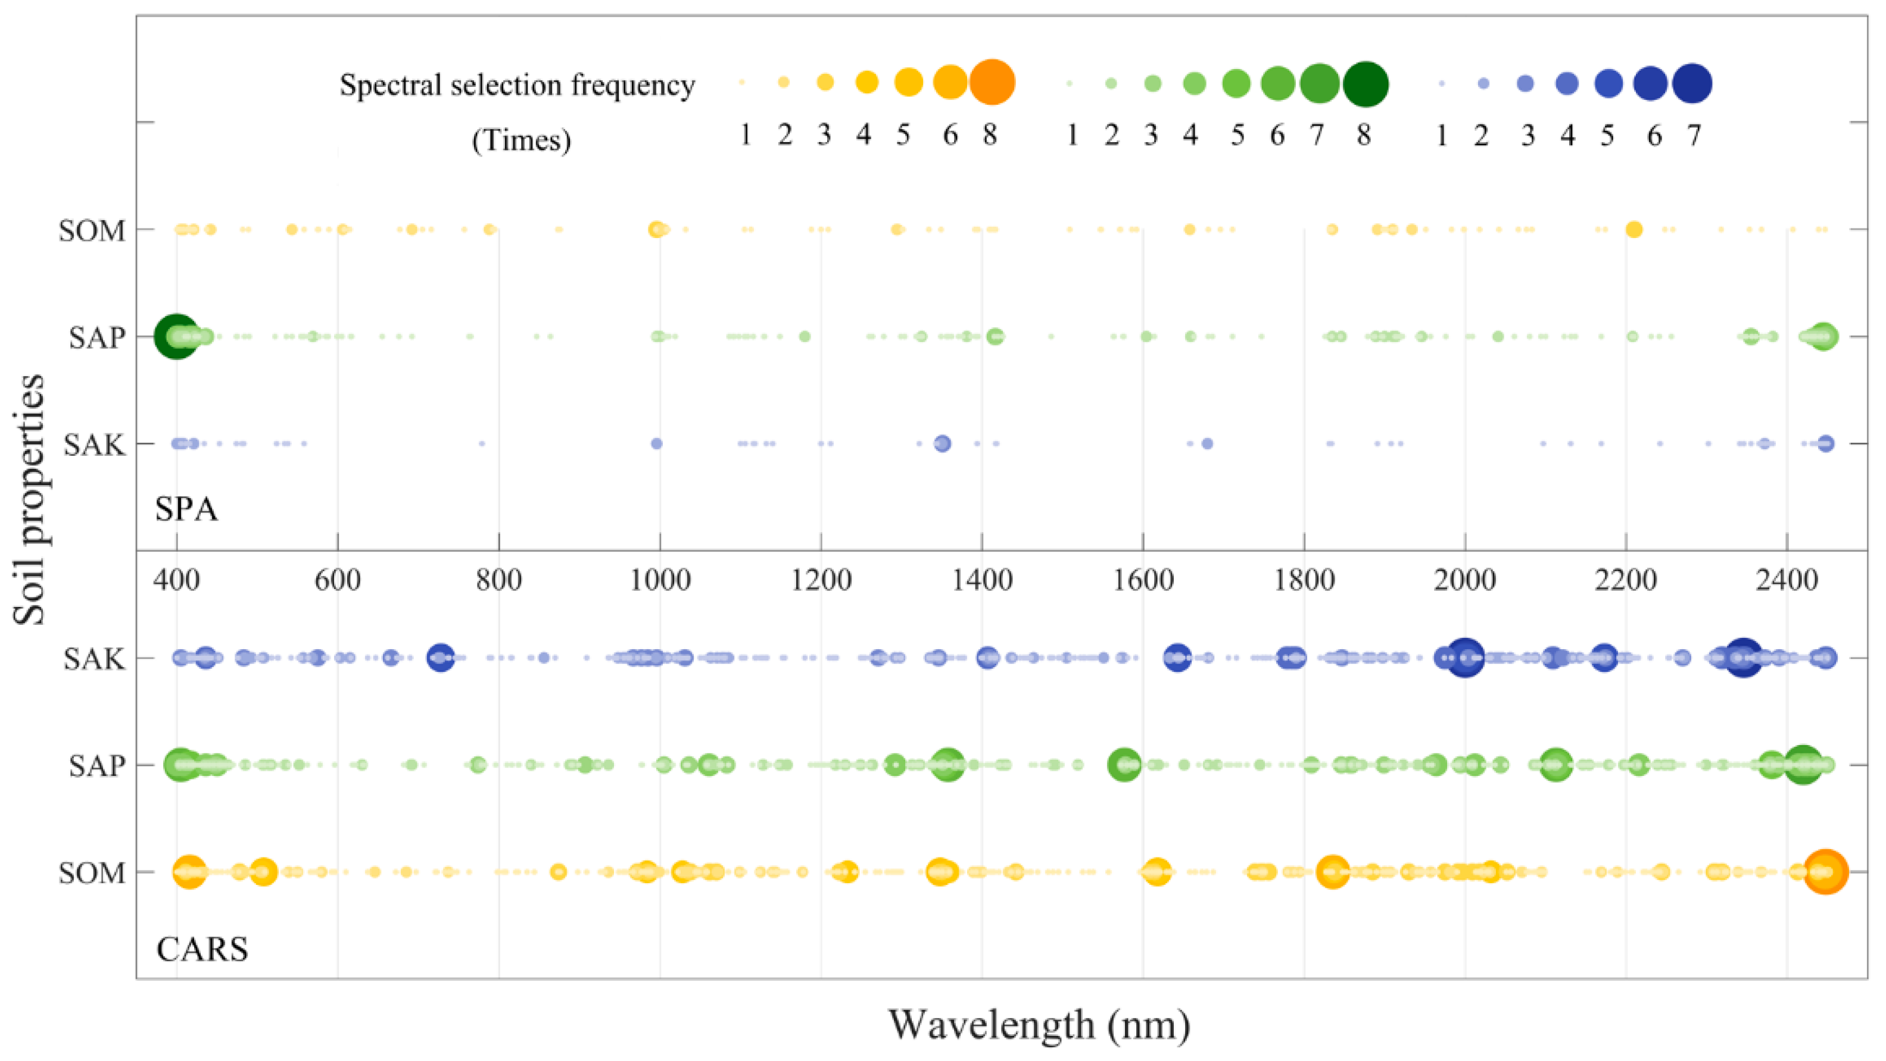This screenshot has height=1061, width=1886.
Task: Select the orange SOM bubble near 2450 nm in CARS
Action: click(1826, 872)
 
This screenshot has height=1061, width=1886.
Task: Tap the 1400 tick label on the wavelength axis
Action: click(982, 581)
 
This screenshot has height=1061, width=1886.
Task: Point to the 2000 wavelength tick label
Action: click(1465, 581)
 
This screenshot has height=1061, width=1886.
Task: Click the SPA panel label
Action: click(186, 509)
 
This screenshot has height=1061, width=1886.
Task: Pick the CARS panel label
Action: click(202, 950)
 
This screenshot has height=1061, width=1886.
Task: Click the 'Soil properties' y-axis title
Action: click(29, 500)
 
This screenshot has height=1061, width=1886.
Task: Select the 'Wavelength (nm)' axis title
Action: click(1039, 1025)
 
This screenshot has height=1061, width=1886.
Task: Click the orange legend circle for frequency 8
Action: click(992, 82)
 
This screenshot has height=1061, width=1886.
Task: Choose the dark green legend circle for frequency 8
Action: click(1366, 84)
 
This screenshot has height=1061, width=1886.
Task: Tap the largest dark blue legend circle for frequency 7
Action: click(1692, 83)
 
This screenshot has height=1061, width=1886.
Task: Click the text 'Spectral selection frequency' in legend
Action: click(517, 85)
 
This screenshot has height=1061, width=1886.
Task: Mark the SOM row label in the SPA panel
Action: click(92, 230)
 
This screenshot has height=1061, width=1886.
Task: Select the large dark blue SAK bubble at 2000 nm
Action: click(1464, 658)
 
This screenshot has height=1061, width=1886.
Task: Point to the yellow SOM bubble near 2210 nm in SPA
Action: click(1634, 230)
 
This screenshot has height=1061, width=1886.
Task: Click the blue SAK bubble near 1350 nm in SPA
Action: click(942, 443)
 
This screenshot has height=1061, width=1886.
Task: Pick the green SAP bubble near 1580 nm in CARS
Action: click(1124, 765)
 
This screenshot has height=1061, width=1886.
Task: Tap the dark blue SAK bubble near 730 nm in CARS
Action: click(440, 658)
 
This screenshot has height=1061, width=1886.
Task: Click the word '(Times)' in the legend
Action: click(521, 140)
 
